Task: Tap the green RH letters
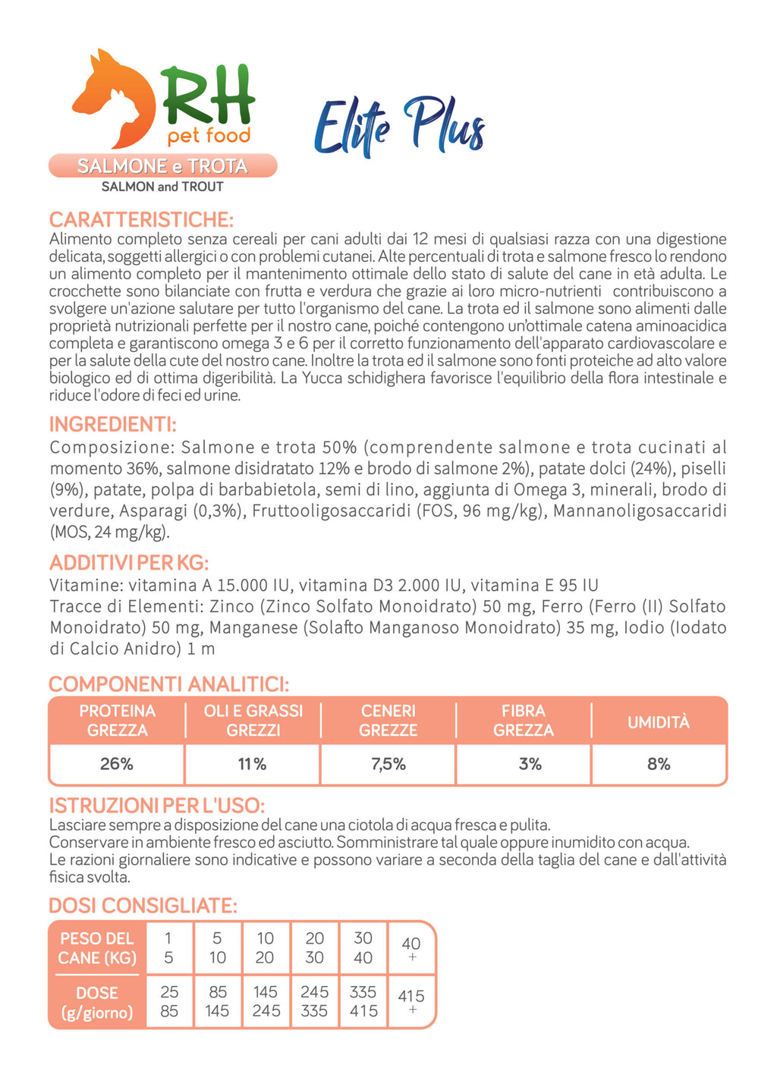point(208,95)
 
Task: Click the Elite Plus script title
point(399,126)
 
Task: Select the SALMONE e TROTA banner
point(162,166)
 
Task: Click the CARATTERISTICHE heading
point(141,220)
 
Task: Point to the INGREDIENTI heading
point(112,424)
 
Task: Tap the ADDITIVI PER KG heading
point(128,563)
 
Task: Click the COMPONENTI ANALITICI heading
point(168,684)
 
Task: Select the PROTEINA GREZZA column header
point(117,721)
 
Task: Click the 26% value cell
point(117,764)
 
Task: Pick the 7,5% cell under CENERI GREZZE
point(388,764)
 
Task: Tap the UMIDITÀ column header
point(659,722)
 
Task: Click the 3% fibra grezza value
point(530,764)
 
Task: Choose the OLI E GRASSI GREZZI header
point(253,721)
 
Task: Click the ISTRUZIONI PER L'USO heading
point(156,806)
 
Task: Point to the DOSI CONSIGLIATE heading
point(143,906)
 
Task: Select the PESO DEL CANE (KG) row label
point(97,948)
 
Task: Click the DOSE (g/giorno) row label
point(97,1002)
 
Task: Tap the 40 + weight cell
point(411,948)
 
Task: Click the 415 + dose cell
point(411,1001)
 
